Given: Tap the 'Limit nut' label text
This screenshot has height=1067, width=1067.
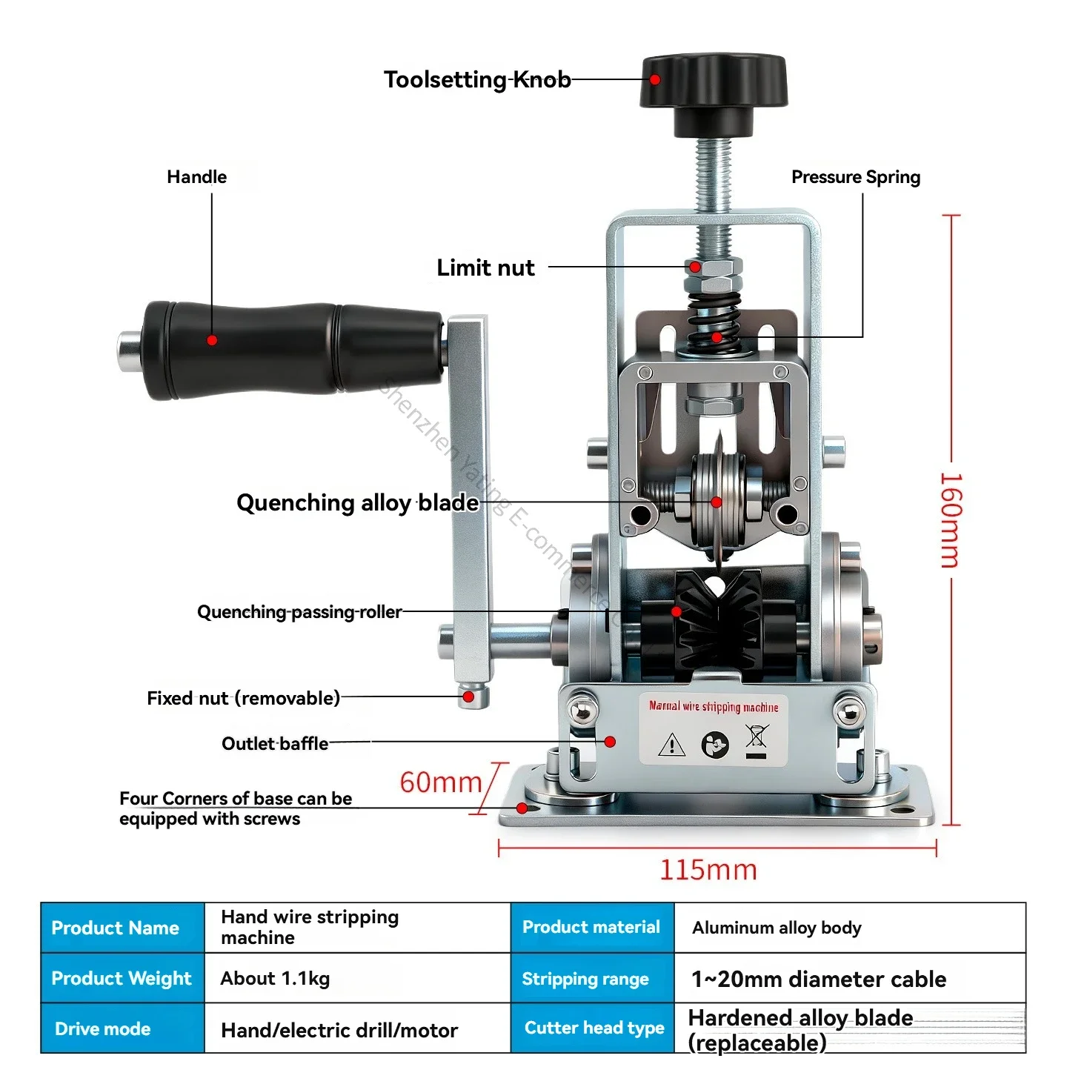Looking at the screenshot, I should (485, 267).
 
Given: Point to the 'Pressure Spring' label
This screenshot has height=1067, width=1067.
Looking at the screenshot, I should (855, 177).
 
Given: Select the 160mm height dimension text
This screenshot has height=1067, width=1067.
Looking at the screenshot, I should (951, 520).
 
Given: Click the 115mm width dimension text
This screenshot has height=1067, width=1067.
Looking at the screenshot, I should (708, 870).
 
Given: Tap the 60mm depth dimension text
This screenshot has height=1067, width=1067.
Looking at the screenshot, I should (441, 782).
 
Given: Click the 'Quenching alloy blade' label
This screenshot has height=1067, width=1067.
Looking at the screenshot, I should (357, 503).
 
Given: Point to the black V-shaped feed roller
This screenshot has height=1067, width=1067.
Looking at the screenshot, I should (717, 622).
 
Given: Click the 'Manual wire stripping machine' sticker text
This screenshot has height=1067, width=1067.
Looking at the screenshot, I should (714, 707).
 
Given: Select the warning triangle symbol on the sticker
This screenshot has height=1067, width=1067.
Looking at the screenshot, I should (671, 744).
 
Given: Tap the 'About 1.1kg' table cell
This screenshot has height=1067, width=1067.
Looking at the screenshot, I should (275, 979).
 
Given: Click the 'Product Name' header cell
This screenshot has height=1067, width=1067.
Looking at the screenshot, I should (116, 928).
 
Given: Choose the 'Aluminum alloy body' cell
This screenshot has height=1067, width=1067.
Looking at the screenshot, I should (777, 928).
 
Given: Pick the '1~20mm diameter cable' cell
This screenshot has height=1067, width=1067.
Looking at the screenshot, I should (818, 980).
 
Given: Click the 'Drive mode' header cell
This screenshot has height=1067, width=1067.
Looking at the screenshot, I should (103, 1029).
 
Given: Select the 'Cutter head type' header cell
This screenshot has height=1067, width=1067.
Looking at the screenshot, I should (594, 1028).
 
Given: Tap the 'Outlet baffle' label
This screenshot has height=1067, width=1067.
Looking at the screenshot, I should (275, 744).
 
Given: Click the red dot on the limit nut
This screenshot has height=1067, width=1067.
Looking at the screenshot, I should (695, 267).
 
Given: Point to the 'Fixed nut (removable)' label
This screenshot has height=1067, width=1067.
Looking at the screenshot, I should (243, 699).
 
